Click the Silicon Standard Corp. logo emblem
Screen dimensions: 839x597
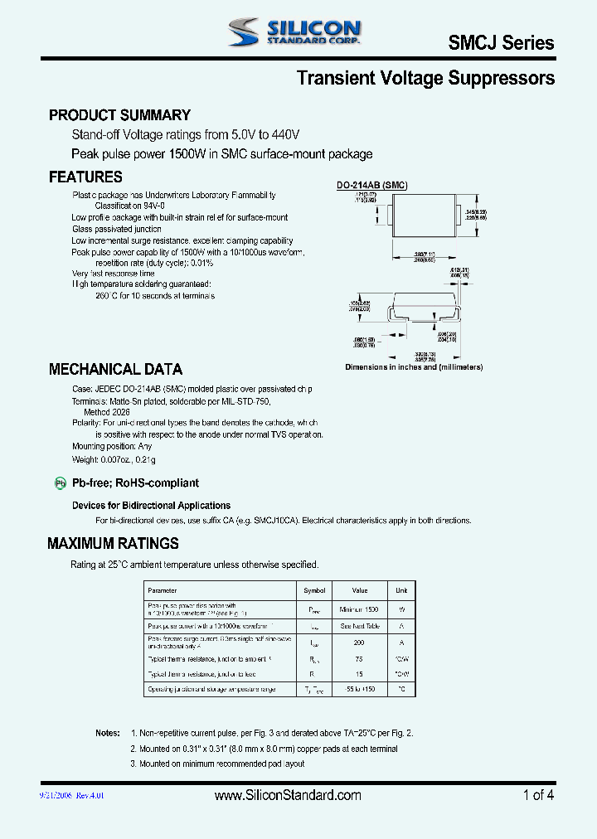click(x=245, y=33)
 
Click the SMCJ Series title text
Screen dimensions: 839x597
click(x=501, y=42)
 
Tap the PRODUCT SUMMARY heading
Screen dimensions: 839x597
click(x=119, y=115)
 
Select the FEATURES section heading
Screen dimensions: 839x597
click(x=85, y=177)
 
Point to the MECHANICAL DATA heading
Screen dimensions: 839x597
click(x=115, y=369)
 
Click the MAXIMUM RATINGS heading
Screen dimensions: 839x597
click(x=113, y=544)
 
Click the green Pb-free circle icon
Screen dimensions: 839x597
click(x=60, y=483)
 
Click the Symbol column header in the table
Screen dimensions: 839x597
click(x=315, y=590)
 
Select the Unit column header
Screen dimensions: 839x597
click(x=401, y=590)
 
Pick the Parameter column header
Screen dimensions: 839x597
click(x=162, y=590)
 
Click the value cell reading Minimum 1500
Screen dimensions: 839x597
click(x=359, y=609)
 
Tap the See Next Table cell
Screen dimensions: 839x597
click(x=359, y=626)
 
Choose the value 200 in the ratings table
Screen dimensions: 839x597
click(x=359, y=643)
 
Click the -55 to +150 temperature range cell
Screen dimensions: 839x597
click(x=359, y=690)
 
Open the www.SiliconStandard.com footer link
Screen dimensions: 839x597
click(x=288, y=795)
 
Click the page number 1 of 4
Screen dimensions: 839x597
click(x=538, y=795)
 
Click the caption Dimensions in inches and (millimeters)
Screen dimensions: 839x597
click(x=414, y=366)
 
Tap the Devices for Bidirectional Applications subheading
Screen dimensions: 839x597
click(x=151, y=505)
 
